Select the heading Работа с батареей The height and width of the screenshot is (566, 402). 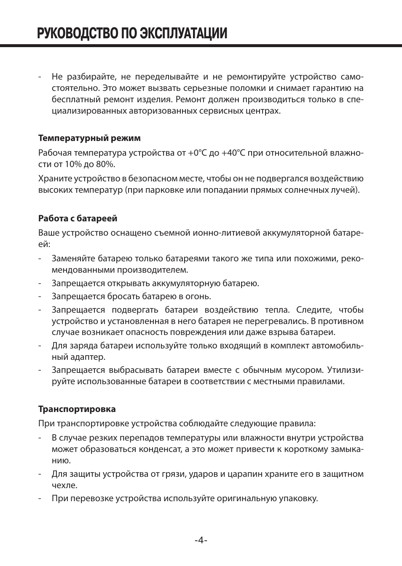(78, 218)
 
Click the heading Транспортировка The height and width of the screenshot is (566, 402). (77, 409)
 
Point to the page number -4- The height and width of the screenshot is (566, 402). (201, 540)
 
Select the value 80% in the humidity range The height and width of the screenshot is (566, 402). (105, 164)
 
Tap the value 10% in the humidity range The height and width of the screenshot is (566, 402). (76, 164)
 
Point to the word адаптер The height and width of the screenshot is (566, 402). (89, 357)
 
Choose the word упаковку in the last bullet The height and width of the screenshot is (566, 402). (298, 498)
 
